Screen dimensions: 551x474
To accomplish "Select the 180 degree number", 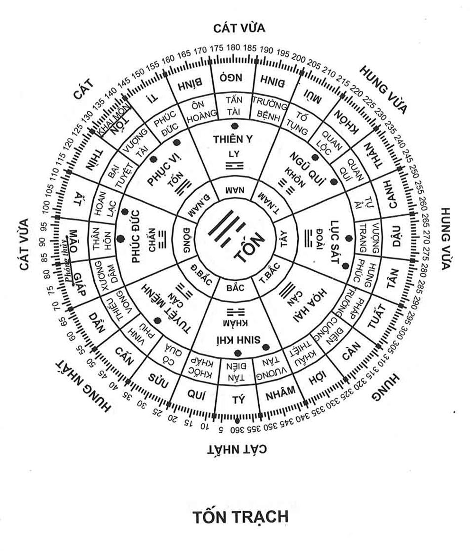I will coord(233,47).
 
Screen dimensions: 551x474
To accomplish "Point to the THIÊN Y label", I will coord(234,139).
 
